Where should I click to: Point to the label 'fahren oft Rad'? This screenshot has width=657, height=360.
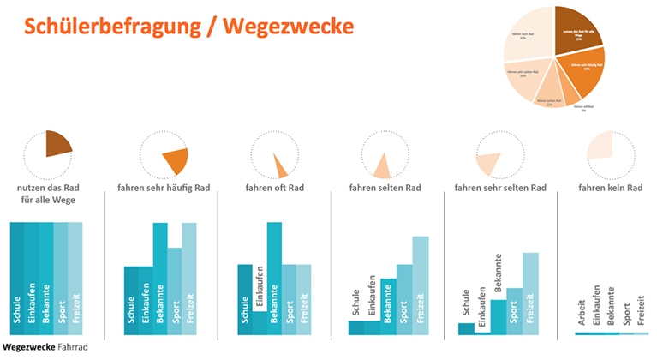274,188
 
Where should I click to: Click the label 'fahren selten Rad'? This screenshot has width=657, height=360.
385,188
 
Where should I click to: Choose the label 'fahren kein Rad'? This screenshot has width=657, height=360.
611,188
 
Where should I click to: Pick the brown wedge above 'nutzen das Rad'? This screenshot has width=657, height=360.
58,143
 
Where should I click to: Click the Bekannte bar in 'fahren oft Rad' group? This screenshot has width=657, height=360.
274,274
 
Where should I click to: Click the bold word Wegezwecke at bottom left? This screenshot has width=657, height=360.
28,349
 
